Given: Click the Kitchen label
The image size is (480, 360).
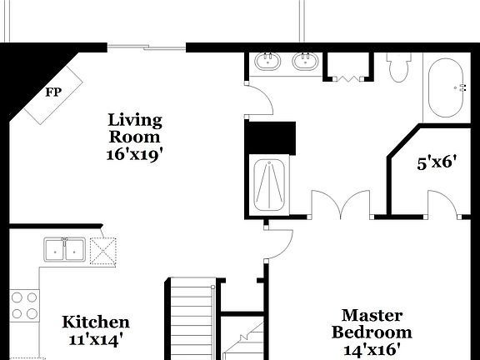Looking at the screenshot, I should [x=97, y=322].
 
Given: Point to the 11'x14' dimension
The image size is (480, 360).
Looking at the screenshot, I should [x=97, y=340].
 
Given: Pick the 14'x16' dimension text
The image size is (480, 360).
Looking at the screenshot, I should [x=372, y=351].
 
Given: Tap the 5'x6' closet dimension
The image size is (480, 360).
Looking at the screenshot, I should [x=437, y=162].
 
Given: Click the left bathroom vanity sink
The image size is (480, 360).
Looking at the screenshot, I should [x=268, y=62].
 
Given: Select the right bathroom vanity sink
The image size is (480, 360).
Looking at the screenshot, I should [x=304, y=62].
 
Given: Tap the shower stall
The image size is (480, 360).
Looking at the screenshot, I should [x=270, y=184].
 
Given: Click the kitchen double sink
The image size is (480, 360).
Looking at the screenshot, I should [x=64, y=250].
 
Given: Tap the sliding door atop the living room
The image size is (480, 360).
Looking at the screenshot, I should [x=147, y=47].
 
